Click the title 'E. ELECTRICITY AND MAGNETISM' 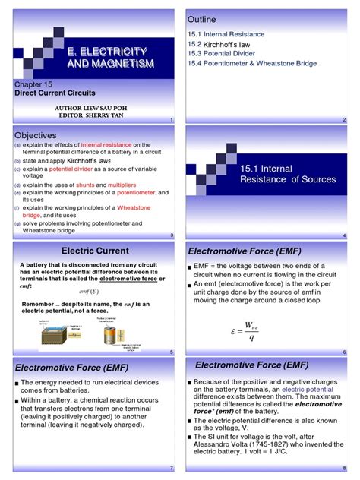pyautogui.click(x=106, y=57)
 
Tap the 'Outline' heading pyautogui.click(x=201, y=19)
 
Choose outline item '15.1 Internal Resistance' pyautogui.click(x=226, y=34)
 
